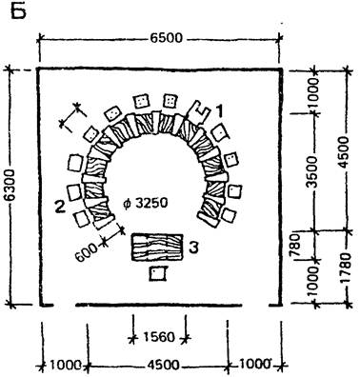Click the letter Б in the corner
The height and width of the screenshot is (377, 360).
[x=18, y=11]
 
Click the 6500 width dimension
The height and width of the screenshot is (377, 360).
[x=167, y=38]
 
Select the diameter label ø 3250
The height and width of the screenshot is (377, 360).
[x=145, y=203]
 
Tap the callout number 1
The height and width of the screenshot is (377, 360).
[x=220, y=112]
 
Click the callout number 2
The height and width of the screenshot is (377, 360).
[x=60, y=208]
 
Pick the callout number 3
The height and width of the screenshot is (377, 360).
[x=193, y=248]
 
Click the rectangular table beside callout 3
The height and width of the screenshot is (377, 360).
[x=157, y=248]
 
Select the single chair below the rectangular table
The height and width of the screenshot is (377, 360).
[x=158, y=273]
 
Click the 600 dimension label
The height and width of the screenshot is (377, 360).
[x=87, y=252]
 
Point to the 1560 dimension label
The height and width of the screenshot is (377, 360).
[x=159, y=337]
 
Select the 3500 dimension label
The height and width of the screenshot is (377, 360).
[x=312, y=171]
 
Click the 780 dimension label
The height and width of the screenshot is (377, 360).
[x=295, y=246]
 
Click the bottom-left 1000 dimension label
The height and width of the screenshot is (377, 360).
[x=66, y=366]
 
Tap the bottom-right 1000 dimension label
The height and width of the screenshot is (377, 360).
[x=256, y=364]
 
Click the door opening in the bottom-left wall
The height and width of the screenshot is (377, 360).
[x=64, y=306]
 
